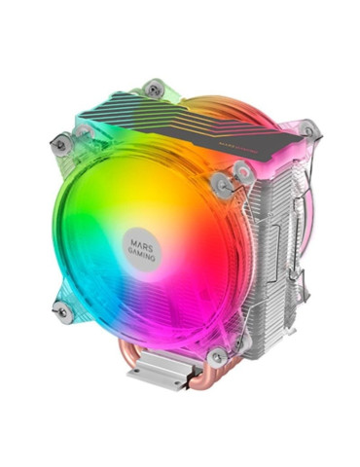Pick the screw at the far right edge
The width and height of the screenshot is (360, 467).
(x=308, y=127)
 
